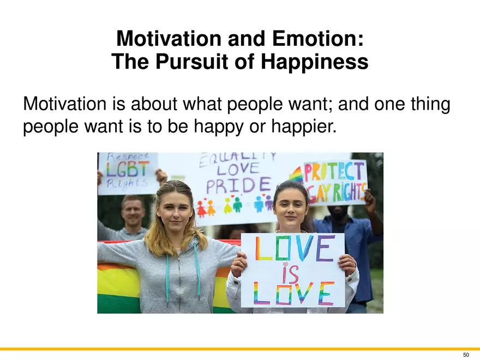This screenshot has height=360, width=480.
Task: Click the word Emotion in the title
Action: (x=318, y=39)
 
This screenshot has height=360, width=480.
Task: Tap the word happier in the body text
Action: (x=304, y=126)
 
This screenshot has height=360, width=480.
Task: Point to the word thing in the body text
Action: (x=430, y=104)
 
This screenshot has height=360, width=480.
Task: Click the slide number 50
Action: (x=466, y=355)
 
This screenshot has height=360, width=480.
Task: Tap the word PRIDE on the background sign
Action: (x=238, y=185)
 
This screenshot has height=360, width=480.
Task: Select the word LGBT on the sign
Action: (x=128, y=170)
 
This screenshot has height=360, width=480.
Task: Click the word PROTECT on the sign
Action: (x=334, y=172)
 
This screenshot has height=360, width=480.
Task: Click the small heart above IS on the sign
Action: (x=285, y=263)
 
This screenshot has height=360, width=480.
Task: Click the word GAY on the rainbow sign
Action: (x=320, y=194)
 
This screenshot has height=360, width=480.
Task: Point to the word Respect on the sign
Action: (x=128, y=157)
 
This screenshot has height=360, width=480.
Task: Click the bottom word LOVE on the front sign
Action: (x=293, y=294)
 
